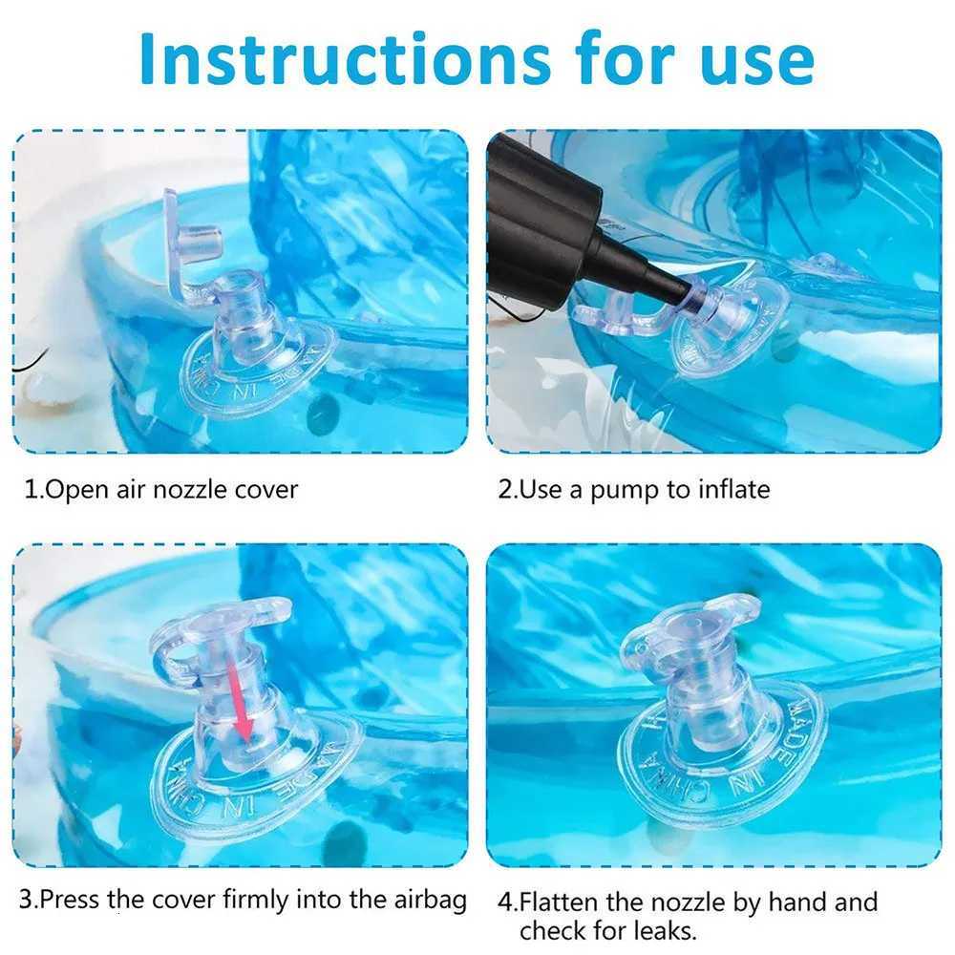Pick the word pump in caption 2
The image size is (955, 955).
point(626,491)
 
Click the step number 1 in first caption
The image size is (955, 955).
point(30,490)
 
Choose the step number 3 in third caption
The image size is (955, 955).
point(27,900)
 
